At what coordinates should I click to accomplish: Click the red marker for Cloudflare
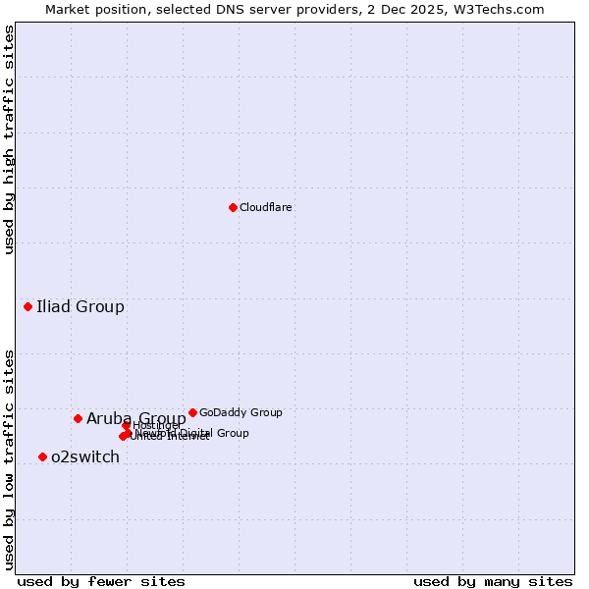233,207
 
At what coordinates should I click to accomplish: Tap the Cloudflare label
266,207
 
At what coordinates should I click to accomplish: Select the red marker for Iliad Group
27,306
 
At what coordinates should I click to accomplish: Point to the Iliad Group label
80,306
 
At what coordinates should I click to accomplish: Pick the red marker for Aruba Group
78,418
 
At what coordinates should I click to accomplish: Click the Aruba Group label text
136,418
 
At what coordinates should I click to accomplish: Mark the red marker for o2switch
42,456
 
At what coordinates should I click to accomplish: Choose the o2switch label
85,456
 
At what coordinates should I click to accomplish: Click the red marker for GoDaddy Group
192,412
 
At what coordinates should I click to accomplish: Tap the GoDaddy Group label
241,412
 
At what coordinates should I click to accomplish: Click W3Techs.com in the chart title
505,9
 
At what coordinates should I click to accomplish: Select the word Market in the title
69,9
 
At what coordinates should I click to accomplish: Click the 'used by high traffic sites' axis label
9,139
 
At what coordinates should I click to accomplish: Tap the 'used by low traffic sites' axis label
9,458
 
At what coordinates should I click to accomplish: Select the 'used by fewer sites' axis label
101,581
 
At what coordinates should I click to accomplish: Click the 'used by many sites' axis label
493,581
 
